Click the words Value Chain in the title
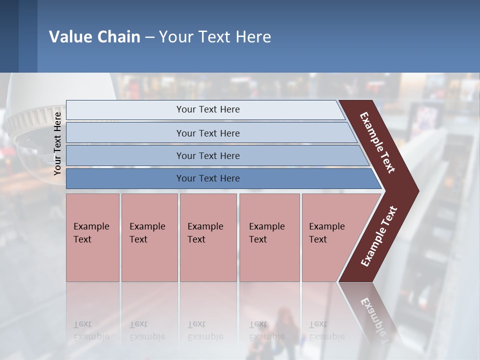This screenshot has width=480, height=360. click(94, 37)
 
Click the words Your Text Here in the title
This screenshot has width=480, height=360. click(215, 37)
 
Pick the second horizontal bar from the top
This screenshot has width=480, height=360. click(208, 133)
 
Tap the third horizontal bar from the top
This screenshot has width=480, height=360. click(208, 155)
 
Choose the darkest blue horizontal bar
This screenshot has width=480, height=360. click(208, 178)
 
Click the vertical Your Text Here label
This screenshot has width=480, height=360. click(57, 143)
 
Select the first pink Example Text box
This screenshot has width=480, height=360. click(92, 237)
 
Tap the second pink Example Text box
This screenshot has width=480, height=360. click(149, 237)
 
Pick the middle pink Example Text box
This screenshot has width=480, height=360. click(208, 237)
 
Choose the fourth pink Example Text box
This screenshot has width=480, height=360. click(269, 237)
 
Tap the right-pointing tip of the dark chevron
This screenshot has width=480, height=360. click(416, 191)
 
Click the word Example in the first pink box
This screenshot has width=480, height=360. click(91, 226)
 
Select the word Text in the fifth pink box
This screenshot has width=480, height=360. click(318, 239)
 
